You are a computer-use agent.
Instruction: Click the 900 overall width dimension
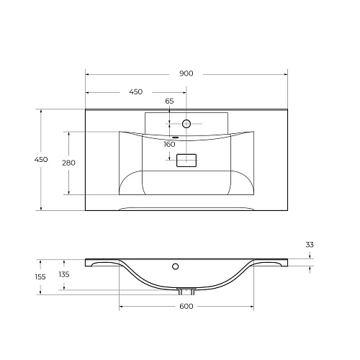(186, 73)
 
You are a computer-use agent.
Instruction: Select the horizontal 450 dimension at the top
(136, 91)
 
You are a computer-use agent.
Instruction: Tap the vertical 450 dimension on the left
(41, 159)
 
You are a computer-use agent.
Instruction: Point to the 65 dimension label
(169, 101)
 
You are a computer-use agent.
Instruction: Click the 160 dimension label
(169, 144)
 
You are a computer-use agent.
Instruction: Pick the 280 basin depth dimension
(68, 163)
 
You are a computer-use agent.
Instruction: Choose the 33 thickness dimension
(310, 245)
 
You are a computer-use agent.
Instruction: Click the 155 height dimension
(40, 277)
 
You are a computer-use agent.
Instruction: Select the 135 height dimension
(64, 274)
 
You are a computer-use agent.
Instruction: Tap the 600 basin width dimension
(186, 306)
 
